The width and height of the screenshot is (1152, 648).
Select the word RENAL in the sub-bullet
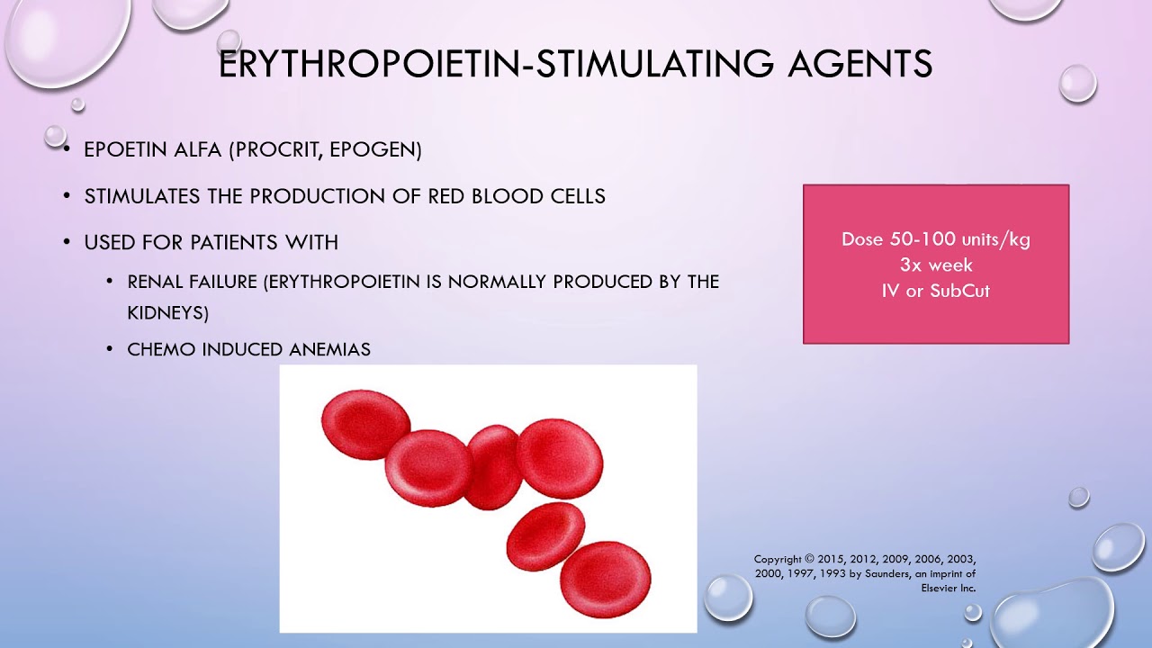tap(156, 282)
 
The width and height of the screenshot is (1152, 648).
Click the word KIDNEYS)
tap(167, 312)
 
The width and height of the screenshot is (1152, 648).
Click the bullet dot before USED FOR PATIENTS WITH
tap(67, 243)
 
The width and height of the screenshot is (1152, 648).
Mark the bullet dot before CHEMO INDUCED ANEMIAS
tap(110, 349)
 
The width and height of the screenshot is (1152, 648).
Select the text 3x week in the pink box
tap(936, 265)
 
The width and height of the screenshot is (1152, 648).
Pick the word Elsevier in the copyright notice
tap(939, 588)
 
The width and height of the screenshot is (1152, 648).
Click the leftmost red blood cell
tap(365, 424)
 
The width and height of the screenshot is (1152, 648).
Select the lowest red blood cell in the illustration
tap(605, 579)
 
